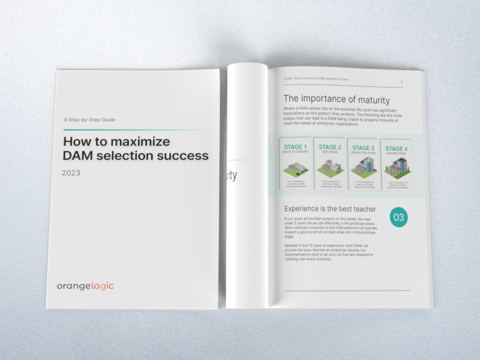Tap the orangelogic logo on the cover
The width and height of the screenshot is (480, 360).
(x=85, y=286)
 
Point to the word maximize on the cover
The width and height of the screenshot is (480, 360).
(x=143, y=141)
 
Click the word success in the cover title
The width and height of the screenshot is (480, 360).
(x=182, y=155)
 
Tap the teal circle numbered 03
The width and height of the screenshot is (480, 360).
(x=399, y=217)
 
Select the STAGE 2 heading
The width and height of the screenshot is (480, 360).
(x=330, y=147)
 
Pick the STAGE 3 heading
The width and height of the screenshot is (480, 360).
(x=363, y=148)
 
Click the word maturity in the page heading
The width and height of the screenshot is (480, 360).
(x=369, y=99)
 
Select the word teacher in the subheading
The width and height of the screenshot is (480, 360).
(x=359, y=208)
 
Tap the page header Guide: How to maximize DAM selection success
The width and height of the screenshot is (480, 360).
(x=316, y=80)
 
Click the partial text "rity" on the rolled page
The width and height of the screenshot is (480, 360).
(x=231, y=175)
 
